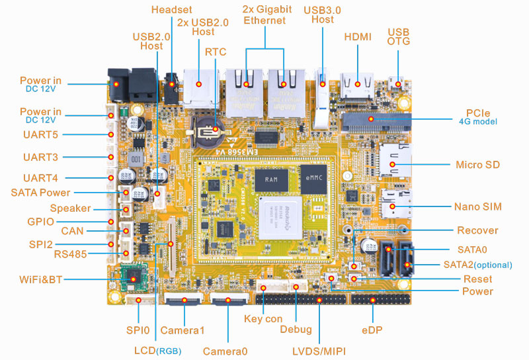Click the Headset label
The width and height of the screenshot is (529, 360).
173,9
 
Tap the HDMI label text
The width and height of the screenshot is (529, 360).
358,37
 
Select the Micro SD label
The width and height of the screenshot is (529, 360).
477,164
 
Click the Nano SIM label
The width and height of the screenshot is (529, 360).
477,206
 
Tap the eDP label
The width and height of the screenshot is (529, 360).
373,329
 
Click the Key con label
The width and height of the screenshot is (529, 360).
263,319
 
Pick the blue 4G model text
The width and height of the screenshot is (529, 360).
477,122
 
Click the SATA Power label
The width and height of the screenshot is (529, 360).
40,193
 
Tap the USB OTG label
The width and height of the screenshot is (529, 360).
399,36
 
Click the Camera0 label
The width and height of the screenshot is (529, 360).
225,351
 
